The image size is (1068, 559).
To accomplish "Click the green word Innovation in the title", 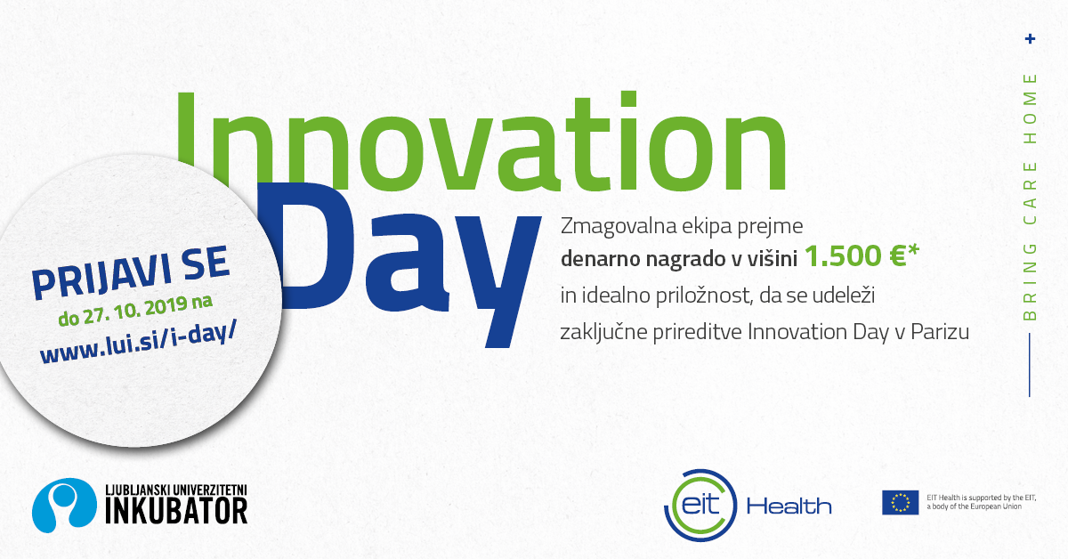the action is (481, 142).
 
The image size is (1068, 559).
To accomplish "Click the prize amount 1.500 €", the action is (855, 255).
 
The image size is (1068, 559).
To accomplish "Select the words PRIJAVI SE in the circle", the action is (130, 273).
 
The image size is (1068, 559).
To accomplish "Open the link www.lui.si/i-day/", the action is (138, 341).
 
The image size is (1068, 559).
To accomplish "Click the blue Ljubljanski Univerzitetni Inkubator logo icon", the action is (64, 505).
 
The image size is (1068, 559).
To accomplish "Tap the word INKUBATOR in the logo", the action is (176, 511).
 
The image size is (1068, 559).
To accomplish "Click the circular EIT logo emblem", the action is (700, 505).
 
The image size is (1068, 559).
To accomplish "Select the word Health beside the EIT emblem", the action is (789, 506).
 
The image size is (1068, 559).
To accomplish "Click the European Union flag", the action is (900, 502).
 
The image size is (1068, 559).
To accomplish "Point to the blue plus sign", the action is (1031, 38).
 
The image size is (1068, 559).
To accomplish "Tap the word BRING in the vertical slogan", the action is (1031, 282).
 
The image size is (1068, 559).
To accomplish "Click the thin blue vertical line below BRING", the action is (1030, 365).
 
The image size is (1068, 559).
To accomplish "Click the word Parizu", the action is (940, 332).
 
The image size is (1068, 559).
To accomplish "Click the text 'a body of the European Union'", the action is (974, 506).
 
